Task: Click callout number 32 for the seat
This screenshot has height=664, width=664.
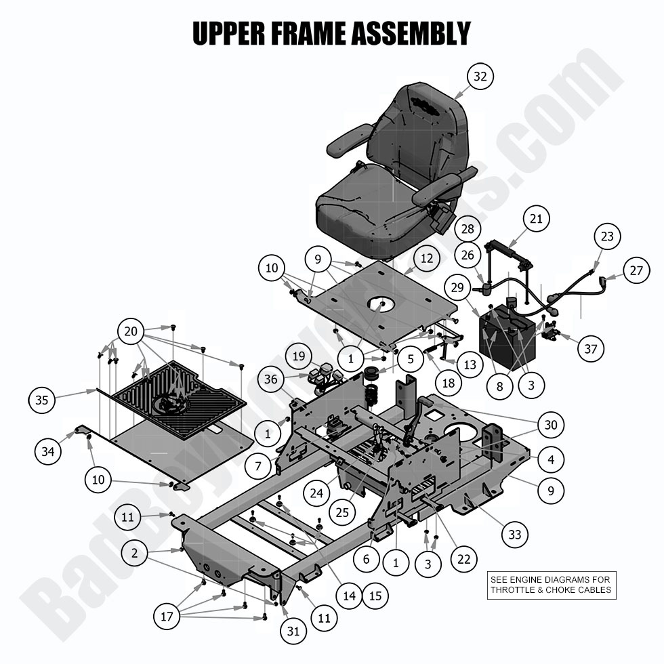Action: click(x=480, y=77)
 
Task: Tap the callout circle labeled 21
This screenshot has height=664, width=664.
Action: click(x=536, y=219)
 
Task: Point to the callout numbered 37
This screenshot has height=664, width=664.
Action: click(x=591, y=348)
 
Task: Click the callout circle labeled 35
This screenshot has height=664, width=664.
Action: click(x=42, y=400)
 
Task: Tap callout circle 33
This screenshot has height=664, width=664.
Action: click(x=515, y=535)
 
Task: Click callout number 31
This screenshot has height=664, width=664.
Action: click(x=293, y=631)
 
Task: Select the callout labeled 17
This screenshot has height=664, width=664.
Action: click(x=167, y=617)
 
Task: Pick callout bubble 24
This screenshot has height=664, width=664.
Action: click(x=317, y=493)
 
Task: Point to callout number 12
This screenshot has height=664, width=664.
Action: click(x=426, y=258)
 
